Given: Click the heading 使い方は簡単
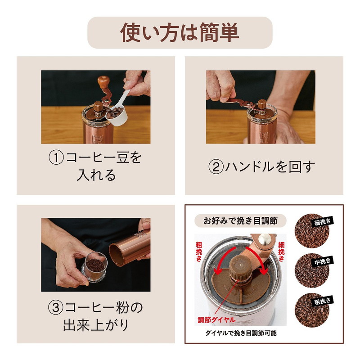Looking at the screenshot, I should pyautogui.click(x=180, y=32).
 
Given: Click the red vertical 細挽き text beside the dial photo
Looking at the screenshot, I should pyautogui.click(x=282, y=252).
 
